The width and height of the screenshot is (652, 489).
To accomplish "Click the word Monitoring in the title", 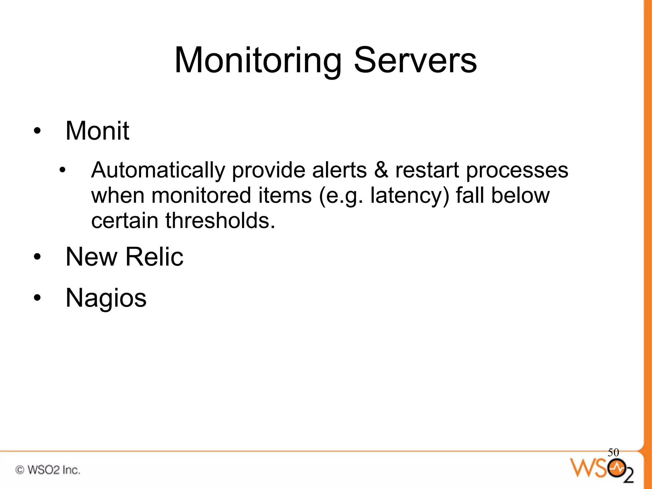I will coord(258,60).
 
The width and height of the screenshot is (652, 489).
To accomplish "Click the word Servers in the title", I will coord(415,60).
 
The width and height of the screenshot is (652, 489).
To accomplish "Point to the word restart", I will coord(427,170).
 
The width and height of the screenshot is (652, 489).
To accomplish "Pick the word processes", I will coord(517,171).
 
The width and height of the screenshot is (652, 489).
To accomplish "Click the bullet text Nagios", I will coord(106,298).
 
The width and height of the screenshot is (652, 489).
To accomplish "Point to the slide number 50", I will coord(613,452).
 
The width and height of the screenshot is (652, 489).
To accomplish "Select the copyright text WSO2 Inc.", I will coord(48,470).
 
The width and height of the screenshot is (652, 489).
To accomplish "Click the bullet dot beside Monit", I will coord(37,131).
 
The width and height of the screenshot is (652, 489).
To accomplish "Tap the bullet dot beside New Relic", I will coord(37,257).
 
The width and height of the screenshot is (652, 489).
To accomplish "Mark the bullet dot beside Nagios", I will coord(37,298).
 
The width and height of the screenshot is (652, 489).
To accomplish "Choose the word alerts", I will coord(339,170).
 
